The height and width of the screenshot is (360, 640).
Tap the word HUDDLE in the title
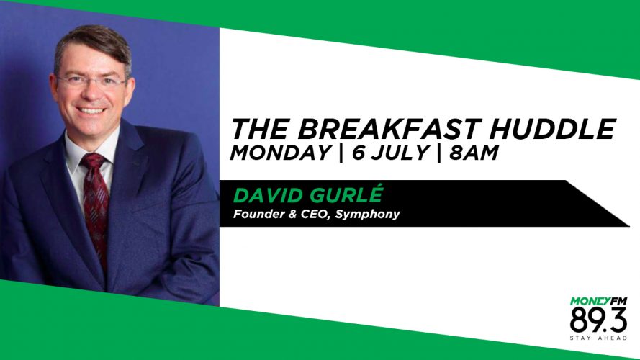pyautogui.click(x=552, y=129)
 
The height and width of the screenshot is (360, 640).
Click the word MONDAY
pyautogui.click(x=281, y=153)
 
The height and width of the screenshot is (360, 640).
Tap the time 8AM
pyautogui.click(x=474, y=153)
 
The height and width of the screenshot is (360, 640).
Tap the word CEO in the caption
pyautogui.click(x=315, y=215)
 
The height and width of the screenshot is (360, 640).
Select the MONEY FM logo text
pyautogui.click(x=598, y=302)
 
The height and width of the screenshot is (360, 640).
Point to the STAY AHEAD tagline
pyautogui.click(x=598, y=338)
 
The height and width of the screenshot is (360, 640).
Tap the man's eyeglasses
pyautogui.click(x=92, y=81)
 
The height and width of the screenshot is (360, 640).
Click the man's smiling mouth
pyautogui.click(x=91, y=111)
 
